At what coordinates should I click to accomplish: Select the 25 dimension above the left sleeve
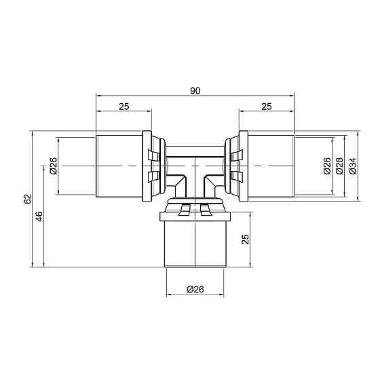(124, 105)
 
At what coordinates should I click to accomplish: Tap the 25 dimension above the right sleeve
(266, 105)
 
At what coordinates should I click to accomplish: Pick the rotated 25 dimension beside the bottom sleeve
(246, 239)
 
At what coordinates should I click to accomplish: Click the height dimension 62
(27, 199)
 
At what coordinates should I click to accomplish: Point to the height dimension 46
(39, 216)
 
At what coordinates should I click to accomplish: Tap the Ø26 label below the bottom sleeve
(195, 290)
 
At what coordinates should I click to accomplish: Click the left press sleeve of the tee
(119, 166)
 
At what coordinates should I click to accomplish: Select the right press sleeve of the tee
(271, 166)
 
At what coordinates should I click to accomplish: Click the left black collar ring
(147, 166)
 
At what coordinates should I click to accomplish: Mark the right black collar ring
(243, 166)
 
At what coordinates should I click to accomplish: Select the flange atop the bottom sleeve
(195, 217)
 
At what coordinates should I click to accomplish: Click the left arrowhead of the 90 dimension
(98, 96)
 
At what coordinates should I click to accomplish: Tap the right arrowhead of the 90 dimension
(292, 96)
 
